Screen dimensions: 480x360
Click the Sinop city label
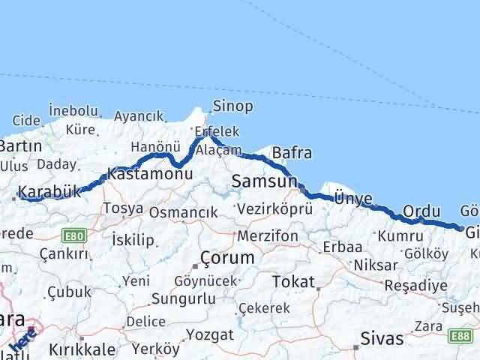tap(232, 106)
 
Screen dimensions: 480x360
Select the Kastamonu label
tap(146, 173)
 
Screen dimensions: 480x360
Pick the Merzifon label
tap(268, 236)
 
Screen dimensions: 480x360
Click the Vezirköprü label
tap(274, 210)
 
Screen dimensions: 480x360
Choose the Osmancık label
tap(183, 213)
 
